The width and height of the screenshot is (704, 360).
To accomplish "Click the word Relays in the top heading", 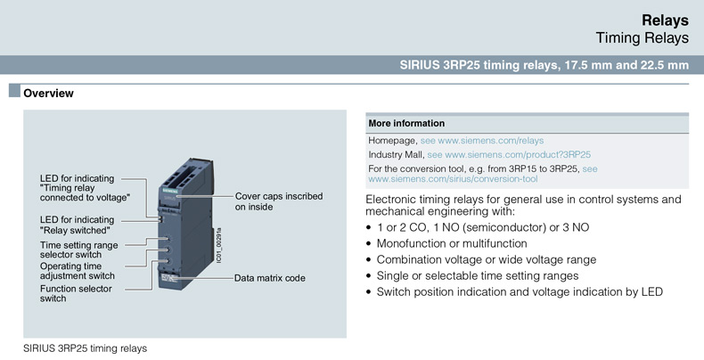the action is (665, 20).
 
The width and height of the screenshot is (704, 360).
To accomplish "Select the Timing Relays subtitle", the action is (642, 38).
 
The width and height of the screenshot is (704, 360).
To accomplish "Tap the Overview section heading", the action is (48, 94).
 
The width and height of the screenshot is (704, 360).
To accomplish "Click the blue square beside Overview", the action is (14, 91).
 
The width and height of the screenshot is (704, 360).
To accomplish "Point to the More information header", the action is (406, 124).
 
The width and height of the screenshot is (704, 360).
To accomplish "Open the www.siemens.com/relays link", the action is (491, 141).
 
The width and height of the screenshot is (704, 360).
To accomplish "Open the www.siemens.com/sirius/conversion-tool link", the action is (453, 179).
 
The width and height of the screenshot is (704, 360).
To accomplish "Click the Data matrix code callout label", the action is (270, 278).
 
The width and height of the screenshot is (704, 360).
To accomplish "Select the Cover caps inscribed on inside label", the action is (279, 201).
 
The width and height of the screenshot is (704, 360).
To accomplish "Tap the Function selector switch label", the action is (76, 293).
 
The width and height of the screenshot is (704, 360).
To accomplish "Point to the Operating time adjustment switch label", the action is (78, 271).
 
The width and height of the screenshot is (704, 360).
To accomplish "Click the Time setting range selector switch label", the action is (79, 250).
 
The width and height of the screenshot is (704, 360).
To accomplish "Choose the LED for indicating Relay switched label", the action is (77, 225).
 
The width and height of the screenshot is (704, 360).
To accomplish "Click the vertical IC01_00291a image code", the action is (219, 245).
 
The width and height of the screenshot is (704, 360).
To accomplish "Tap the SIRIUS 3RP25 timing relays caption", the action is (86, 348).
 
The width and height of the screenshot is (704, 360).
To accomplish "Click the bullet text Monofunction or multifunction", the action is (452, 244).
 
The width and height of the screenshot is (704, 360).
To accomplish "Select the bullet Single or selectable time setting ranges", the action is (478, 276).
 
